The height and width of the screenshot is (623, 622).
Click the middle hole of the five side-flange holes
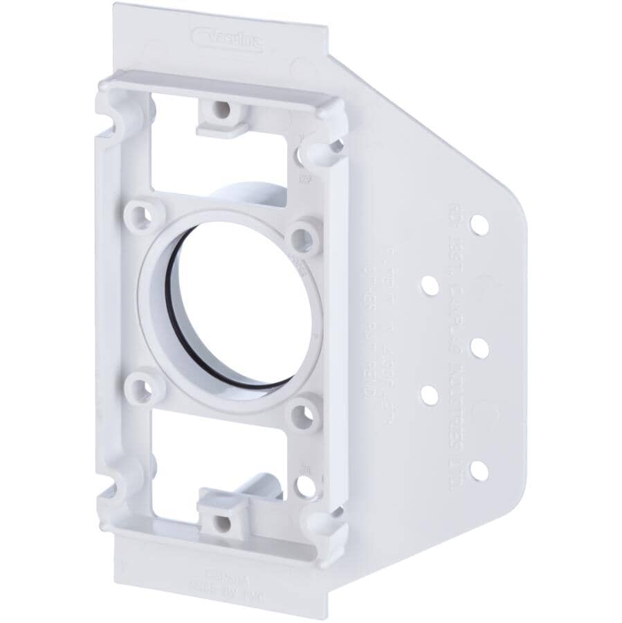pos(479,347)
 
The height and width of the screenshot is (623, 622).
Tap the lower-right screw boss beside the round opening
pos(301,413)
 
